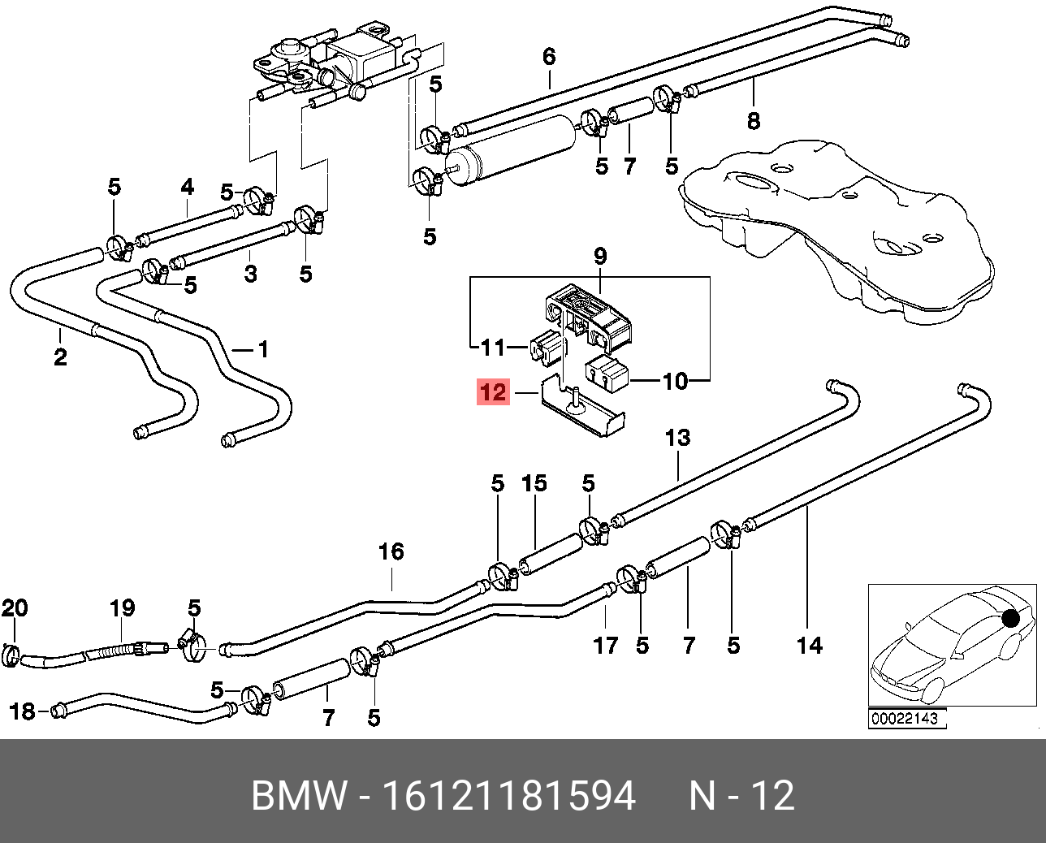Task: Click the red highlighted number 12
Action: coord(493,392)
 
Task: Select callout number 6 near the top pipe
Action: coord(549,57)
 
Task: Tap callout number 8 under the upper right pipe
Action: coord(754,122)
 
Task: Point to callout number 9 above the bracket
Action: coord(600,257)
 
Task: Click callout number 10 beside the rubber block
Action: coord(675,381)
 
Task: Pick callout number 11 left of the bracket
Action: coord(493,348)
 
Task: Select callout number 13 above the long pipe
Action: coord(677,439)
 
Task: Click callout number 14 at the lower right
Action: coord(809,646)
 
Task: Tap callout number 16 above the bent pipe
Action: coord(391,552)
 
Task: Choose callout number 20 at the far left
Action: coord(15,607)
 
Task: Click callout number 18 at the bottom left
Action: coord(22,711)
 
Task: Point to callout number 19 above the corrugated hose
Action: coord(122,607)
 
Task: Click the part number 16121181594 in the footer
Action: coord(508,796)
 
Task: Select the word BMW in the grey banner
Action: coord(298,796)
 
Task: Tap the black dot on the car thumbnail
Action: coord(1010,619)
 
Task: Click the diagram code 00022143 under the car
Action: coord(905,719)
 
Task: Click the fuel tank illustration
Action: coord(836,227)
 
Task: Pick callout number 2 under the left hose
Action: coord(60,357)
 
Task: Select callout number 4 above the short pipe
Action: coord(188,188)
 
